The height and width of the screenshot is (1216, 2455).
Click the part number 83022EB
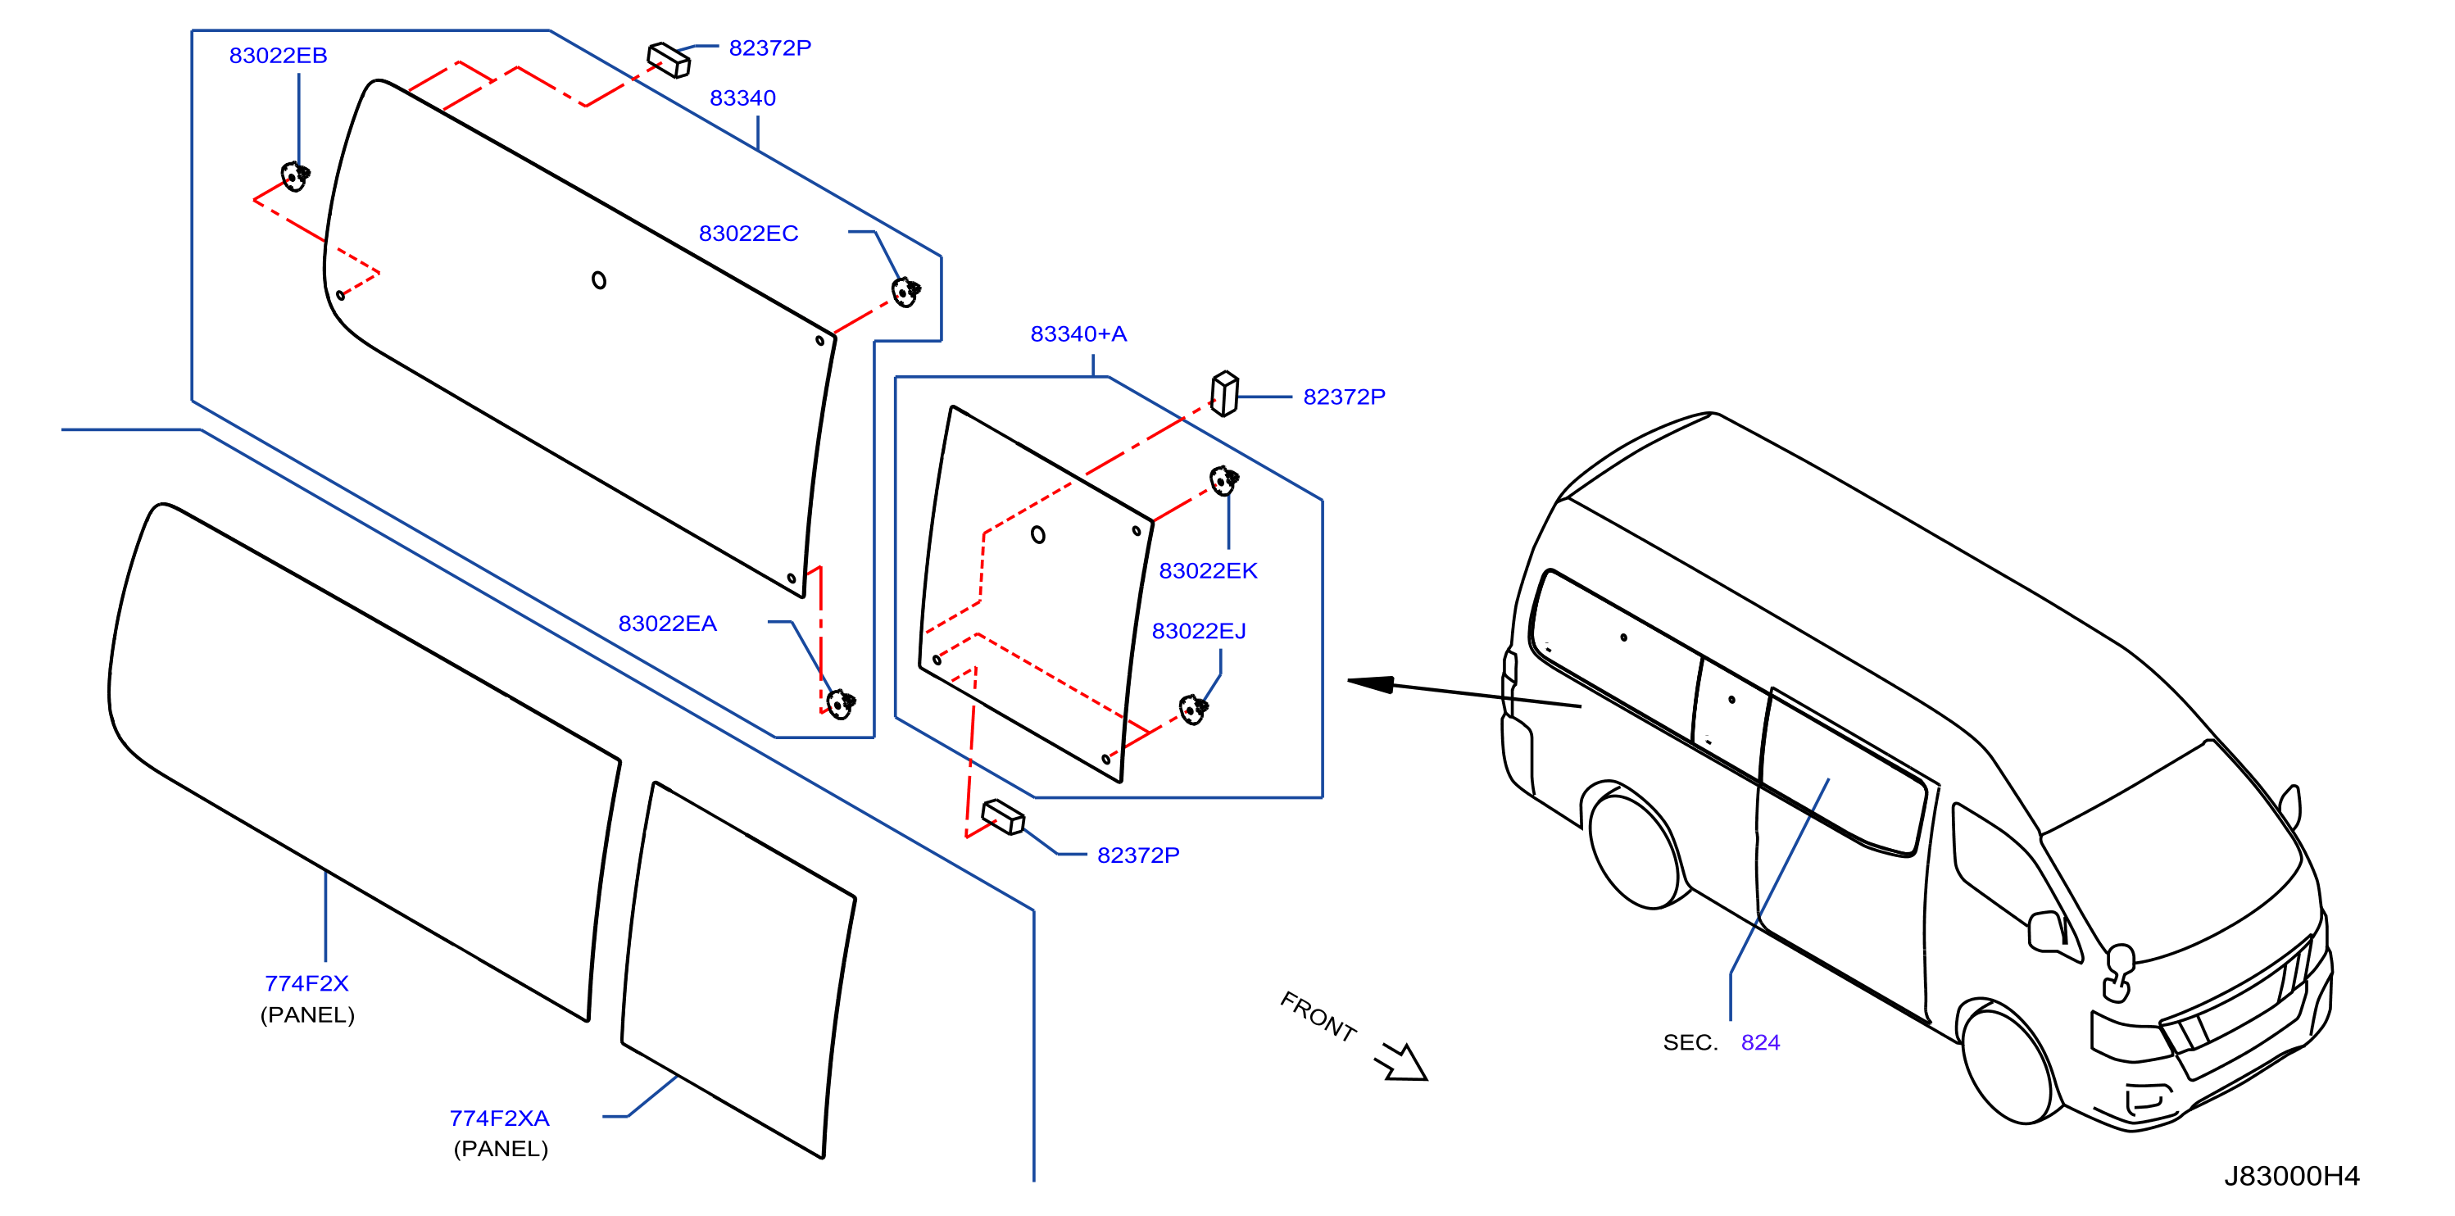click(279, 55)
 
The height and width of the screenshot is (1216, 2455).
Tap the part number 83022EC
click(748, 234)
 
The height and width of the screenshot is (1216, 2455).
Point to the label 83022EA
click(667, 624)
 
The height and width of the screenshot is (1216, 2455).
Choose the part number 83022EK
click(1208, 571)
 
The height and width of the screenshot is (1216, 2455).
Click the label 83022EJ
click(1199, 631)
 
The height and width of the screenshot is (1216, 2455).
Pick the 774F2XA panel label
click(499, 1118)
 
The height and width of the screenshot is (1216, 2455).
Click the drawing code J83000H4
click(2292, 1176)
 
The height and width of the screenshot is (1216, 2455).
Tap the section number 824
click(1760, 1042)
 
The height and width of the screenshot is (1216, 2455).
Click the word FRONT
click(1318, 1016)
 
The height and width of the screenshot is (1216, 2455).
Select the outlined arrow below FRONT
click(1403, 1064)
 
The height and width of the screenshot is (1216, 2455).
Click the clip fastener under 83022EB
click(296, 176)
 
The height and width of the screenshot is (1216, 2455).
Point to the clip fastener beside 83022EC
click(905, 292)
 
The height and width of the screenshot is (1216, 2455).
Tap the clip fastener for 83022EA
click(841, 704)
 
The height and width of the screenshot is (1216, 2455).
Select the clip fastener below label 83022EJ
click(1193, 710)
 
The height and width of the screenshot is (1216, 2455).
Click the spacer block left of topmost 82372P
click(669, 60)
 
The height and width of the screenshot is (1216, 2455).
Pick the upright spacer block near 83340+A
click(1225, 393)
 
